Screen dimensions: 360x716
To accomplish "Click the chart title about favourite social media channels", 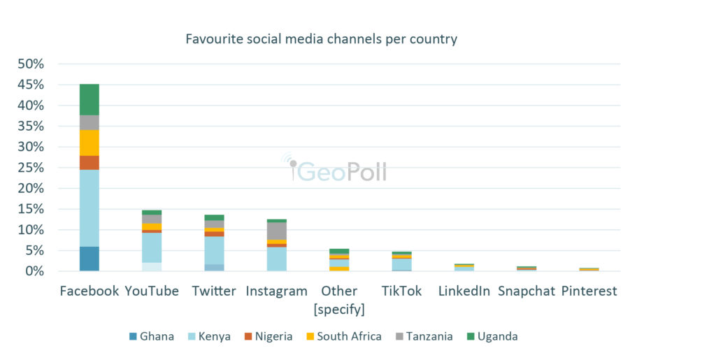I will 321,39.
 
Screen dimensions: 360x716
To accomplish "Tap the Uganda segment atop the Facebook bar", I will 89,99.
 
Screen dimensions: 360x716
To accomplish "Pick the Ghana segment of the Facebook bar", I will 89,259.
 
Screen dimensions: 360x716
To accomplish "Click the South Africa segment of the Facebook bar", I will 89,143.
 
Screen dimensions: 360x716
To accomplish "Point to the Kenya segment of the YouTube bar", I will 152,247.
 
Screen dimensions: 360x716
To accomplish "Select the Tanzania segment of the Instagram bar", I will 277,231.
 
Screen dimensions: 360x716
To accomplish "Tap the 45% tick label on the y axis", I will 31,85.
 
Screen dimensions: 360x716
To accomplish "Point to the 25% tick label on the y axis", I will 31,168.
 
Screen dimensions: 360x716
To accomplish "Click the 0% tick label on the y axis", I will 34,271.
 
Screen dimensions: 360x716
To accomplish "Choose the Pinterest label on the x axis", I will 589,291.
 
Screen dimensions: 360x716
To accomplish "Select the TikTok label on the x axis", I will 401,291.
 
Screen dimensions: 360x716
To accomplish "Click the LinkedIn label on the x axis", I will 464,291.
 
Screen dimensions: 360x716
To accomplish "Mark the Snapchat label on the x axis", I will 527,291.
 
